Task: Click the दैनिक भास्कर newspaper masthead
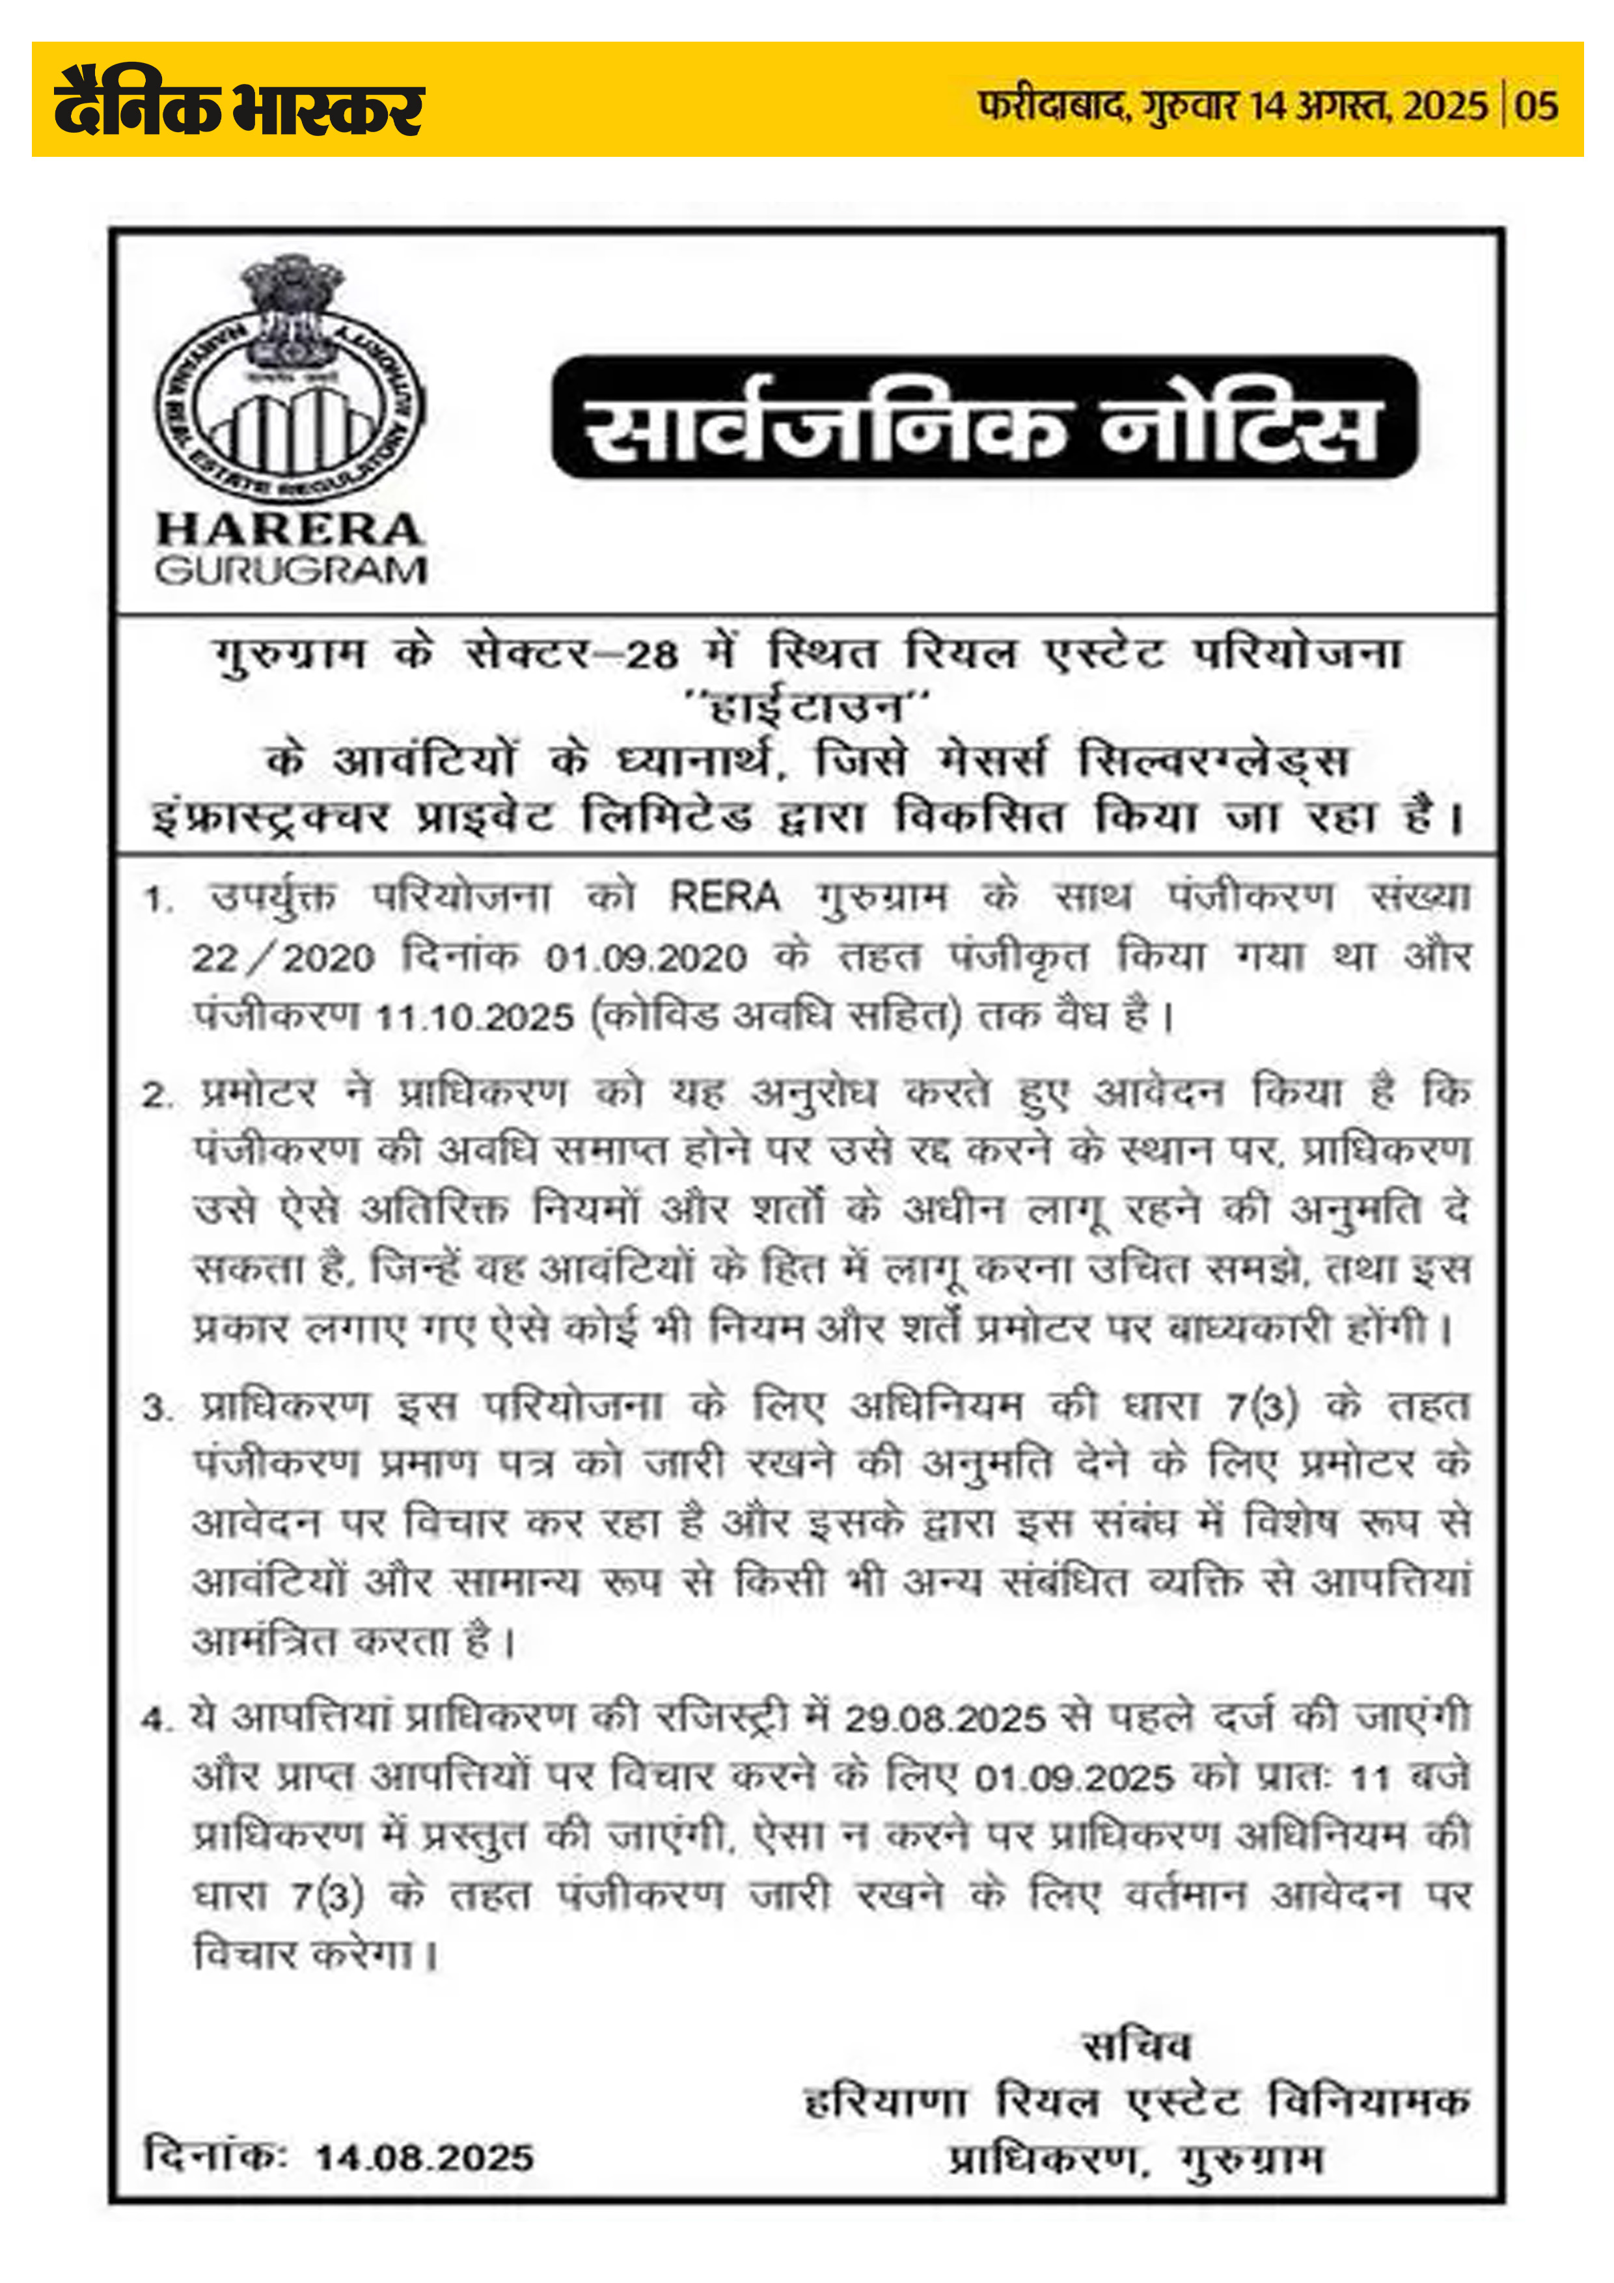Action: pyautogui.click(x=239, y=102)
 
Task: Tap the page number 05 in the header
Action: pyautogui.click(x=1537, y=106)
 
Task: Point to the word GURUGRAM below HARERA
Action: pyautogui.click(x=290, y=571)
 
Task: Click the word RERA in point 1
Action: pyautogui.click(x=725, y=897)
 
